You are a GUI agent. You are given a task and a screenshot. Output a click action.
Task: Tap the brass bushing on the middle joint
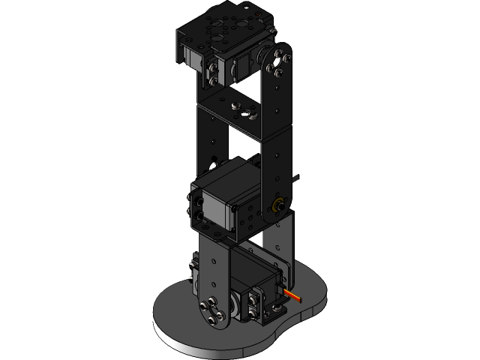(x=278, y=205)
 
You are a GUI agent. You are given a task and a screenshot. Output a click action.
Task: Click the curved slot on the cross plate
(x=243, y=112)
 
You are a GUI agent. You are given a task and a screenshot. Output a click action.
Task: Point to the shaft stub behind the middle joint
(x=299, y=178)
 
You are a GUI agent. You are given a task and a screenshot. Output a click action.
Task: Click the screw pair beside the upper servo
(x=213, y=71)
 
